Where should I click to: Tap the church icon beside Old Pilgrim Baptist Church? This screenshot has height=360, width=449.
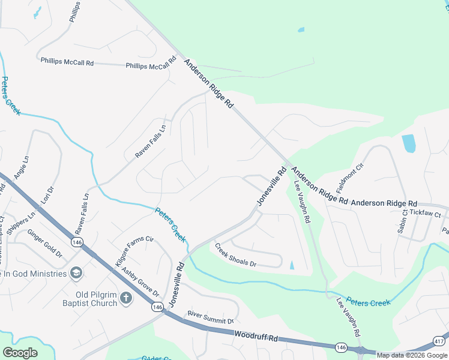point(126,298)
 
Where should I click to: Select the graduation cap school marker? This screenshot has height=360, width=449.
point(76,274)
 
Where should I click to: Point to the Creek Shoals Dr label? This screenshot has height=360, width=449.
point(235,256)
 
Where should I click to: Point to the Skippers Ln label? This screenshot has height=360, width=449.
point(22,221)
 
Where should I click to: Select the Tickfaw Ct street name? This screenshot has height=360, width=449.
point(425,214)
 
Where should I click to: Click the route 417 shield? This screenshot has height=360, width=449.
point(439,341)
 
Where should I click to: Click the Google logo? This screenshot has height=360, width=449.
point(20,353)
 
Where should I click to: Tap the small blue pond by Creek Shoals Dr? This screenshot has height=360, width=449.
point(292,265)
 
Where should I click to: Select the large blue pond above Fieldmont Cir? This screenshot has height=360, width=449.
point(408,143)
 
